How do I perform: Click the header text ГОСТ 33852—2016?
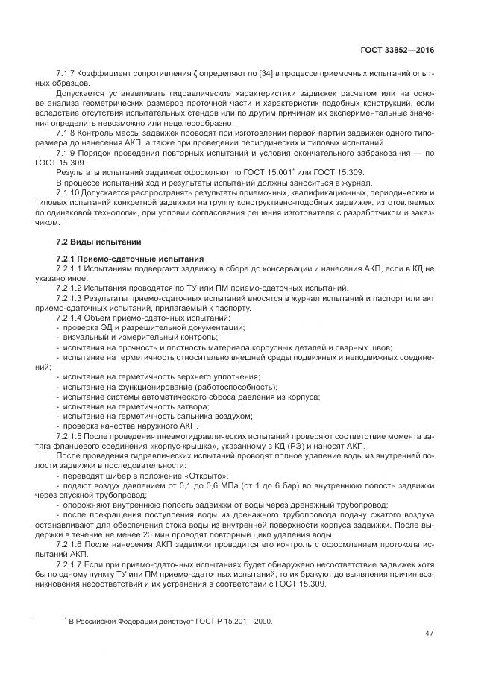click(x=398, y=51)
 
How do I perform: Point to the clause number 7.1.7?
click(x=68, y=75)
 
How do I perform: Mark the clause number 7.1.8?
click(x=68, y=133)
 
